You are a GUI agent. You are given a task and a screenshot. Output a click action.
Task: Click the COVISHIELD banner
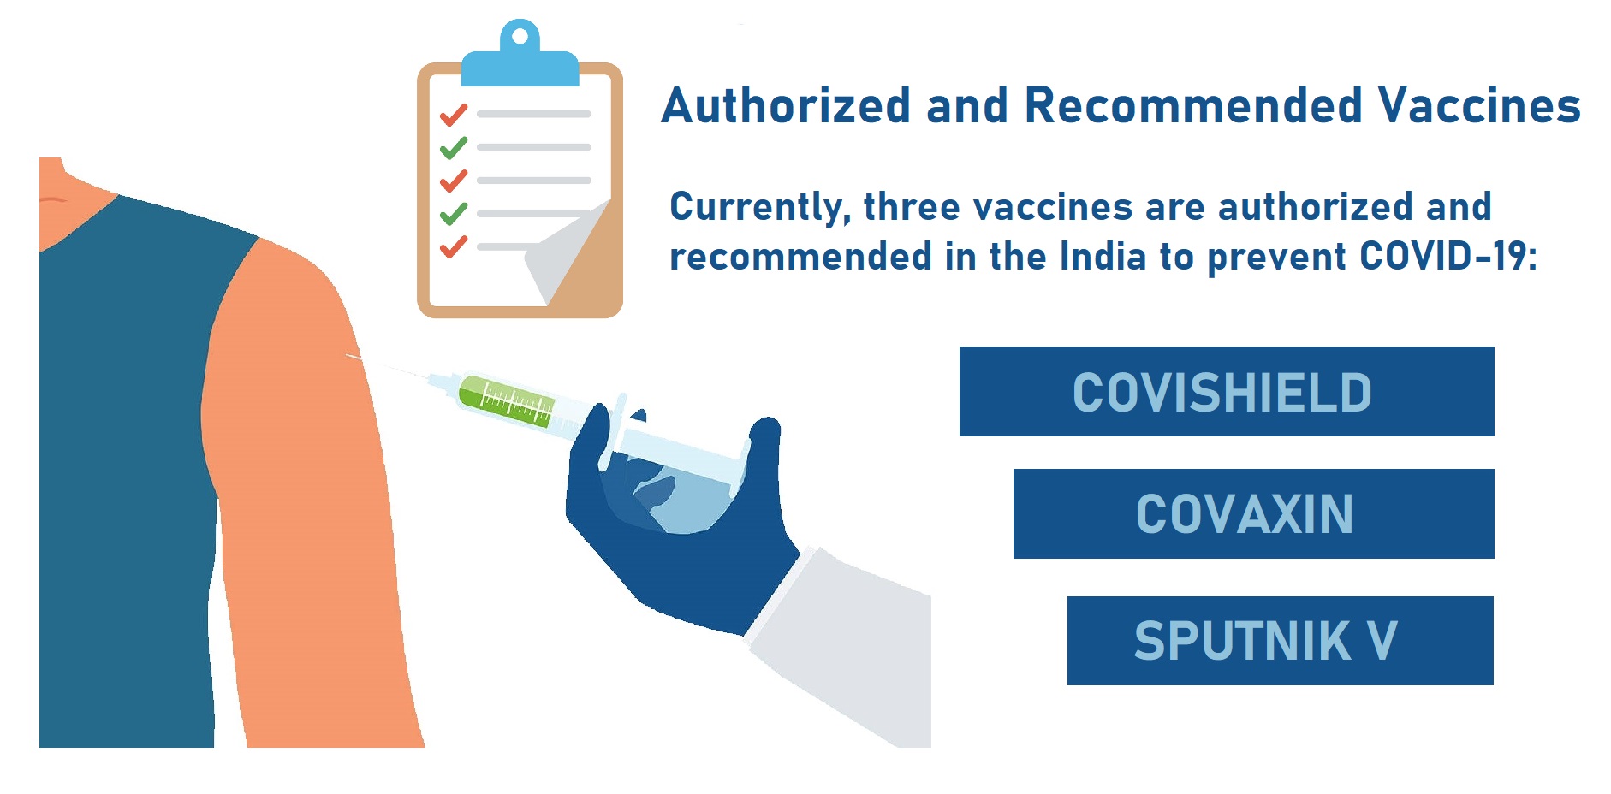coord(1227,391)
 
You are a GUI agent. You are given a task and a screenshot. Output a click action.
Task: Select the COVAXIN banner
coord(1254,513)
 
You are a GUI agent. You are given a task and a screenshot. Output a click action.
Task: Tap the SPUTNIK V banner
coord(1281,641)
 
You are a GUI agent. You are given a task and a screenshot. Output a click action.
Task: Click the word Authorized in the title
coord(786,105)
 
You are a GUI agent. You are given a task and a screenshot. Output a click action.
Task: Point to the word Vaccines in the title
coord(1479,105)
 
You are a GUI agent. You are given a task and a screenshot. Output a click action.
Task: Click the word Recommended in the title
coord(1193,105)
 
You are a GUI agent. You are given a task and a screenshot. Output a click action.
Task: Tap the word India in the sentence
coord(1103,256)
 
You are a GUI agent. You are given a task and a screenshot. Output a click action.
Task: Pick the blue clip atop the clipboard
coord(520,55)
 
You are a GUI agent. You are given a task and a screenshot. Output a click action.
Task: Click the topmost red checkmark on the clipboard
coord(454,114)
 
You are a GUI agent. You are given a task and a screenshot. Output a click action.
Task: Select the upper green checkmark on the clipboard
coord(454,147)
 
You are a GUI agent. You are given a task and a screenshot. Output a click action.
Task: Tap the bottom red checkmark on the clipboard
coord(454,246)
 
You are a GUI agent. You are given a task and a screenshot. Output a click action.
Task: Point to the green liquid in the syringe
coord(505,400)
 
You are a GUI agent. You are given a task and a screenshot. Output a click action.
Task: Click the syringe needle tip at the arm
coord(347,354)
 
